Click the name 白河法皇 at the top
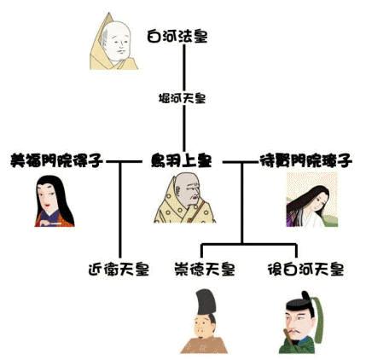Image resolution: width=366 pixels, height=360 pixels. [x=177, y=37]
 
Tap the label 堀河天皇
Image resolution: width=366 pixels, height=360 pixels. [x=182, y=99]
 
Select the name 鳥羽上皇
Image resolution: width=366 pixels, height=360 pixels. [x=181, y=161]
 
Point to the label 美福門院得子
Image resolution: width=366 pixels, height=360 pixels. [x=56, y=161]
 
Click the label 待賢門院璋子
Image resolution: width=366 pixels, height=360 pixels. [x=306, y=161]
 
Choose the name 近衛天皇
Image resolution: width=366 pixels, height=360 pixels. [x=119, y=269]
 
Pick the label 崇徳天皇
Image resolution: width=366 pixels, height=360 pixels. [x=205, y=269]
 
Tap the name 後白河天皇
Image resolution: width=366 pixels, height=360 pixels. [x=306, y=269]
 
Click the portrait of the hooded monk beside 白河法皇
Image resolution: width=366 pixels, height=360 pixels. [x=113, y=42]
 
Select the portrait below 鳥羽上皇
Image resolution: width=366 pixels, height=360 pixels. [x=185, y=198]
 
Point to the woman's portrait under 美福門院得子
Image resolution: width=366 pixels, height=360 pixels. [x=55, y=201]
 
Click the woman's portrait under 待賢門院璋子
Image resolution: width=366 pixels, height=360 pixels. [x=312, y=200]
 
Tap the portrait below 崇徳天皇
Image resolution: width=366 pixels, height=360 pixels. [x=204, y=322]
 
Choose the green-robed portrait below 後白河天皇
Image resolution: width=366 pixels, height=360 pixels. [x=301, y=322]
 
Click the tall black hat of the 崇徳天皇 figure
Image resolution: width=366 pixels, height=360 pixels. [x=206, y=303]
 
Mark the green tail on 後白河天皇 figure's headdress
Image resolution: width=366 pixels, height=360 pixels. [x=318, y=318]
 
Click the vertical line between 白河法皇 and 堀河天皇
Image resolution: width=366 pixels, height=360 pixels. [x=184, y=67]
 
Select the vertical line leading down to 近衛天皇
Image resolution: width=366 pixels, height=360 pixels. [x=120, y=210]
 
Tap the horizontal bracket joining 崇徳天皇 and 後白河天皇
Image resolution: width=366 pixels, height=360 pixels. [x=249, y=245]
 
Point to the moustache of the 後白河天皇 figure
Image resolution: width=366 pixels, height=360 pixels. [x=295, y=331]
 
